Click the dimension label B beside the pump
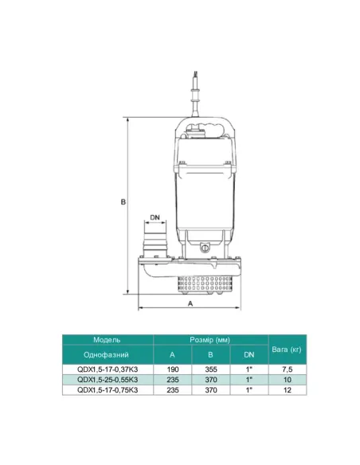[123, 202]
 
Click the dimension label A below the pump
[190, 303]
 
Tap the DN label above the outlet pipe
[155, 217]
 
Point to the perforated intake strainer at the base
[205, 284]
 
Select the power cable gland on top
[195, 94]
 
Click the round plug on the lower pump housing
[205, 248]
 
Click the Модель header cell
[107, 340]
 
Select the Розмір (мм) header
[210, 340]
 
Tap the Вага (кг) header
[287, 350]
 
